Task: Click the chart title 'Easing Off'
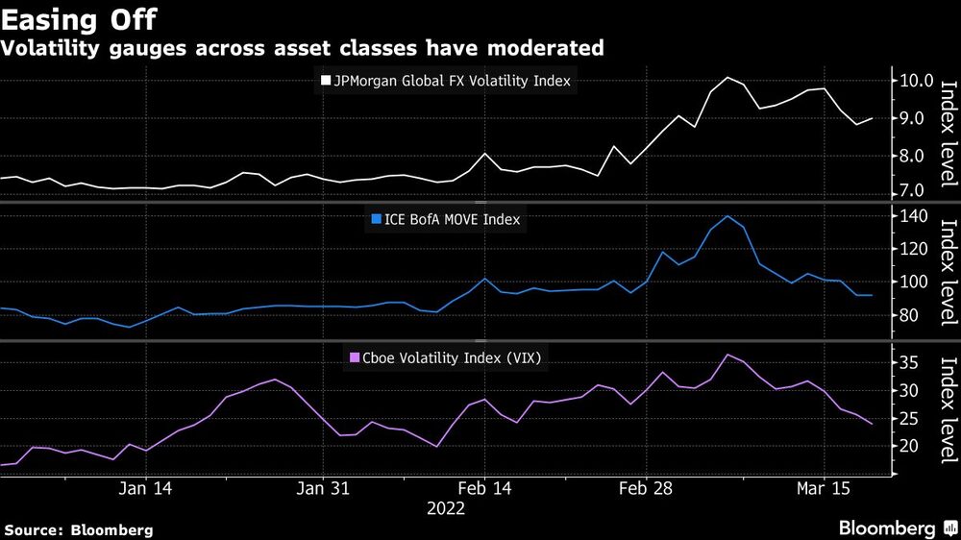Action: point(79,18)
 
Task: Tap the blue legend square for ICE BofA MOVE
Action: point(376,220)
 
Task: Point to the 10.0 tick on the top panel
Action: point(916,81)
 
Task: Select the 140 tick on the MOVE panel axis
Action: point(916,216)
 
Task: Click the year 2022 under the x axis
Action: point(445,509)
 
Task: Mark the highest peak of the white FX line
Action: point(727,77)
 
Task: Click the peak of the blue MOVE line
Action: point(727,215)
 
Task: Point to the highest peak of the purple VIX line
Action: point(727,355)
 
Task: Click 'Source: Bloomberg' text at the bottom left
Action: point(79,529)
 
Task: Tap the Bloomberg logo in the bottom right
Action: point(895,528)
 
